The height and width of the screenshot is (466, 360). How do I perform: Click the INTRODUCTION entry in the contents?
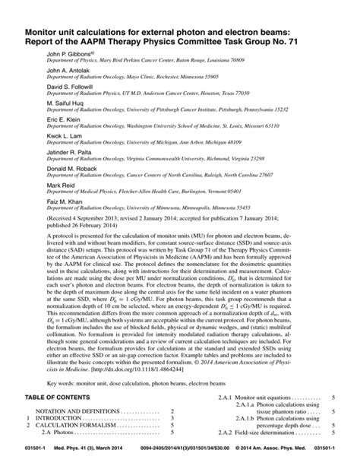tap(69, 417)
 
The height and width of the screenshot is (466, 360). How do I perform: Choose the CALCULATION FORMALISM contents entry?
tap(83, 425)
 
